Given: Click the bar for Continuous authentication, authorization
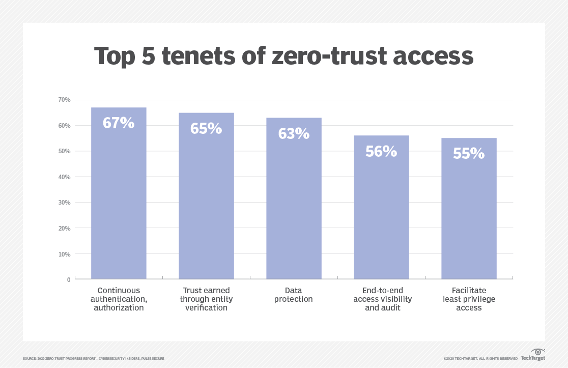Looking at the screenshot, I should [x=119, y=204].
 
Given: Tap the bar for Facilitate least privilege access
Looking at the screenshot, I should [x=469, y=219].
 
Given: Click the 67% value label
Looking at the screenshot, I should [x=119, y=123].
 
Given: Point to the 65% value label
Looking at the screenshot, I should [x=206, y=128].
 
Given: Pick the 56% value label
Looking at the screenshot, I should [x=381, y=151].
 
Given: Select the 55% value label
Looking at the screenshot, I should [x=469, y=154].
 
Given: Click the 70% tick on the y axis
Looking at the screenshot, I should [x=64, y=100].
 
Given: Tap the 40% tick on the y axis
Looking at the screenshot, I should [x=64, y=177].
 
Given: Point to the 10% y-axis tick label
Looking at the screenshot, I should [x=64, y=253].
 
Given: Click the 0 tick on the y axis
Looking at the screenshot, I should [x=68, y=279].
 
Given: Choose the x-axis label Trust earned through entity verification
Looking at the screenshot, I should [x=206, y=299].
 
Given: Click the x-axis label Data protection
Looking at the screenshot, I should [x=294, y=295].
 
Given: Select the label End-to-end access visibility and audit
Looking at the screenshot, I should [x=381, y=299].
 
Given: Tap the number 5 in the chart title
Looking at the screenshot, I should [x=148, y=56].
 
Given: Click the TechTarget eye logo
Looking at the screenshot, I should [x=538, y=352].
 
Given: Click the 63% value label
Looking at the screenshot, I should [x=294, y=133].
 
